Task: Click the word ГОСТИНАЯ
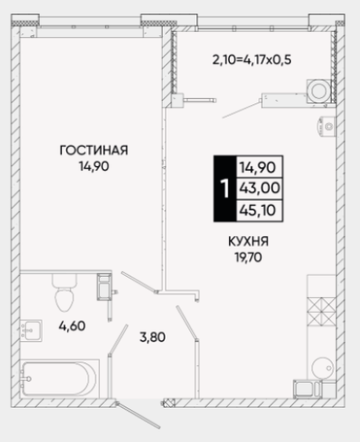tap(94, 150)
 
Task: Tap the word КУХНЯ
tap(249, 241)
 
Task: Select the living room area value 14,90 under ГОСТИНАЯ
tap(94, 167)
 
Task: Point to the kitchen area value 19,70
tap(249, 258)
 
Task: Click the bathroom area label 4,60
tap(72, 326)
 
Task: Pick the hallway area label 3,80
tap(152, 337)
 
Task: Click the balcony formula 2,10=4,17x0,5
tap(252, 60)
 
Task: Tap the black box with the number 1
tap(225, 188)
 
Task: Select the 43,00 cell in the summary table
tap(259, 188)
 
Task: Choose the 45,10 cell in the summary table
tap(259, 210)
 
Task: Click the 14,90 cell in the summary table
tap(259, 167)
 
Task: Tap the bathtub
tap(59, 378)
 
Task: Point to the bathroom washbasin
tap(31, 331)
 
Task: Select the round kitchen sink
tap(323, 368)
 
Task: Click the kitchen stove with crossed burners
tap(321, 311)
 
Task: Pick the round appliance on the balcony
tap(319, 91)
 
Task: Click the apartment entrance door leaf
tap(139, 415)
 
